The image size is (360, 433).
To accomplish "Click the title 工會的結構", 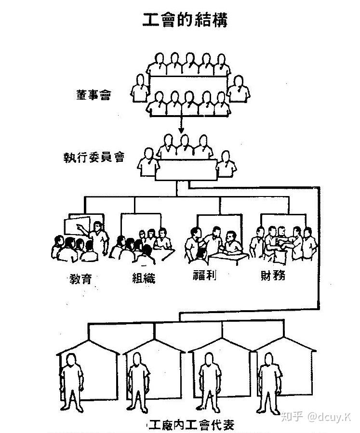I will tap(185, 20).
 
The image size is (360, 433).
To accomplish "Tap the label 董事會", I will tap(93, 94).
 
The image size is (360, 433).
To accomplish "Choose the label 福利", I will tap(204, 276).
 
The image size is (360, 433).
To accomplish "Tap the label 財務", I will tap(272, 276).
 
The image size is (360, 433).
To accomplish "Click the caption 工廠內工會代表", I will tap(192, 425).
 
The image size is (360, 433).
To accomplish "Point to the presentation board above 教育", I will tap(77, 226).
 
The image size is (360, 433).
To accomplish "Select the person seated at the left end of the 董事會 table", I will tap(140, 88).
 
